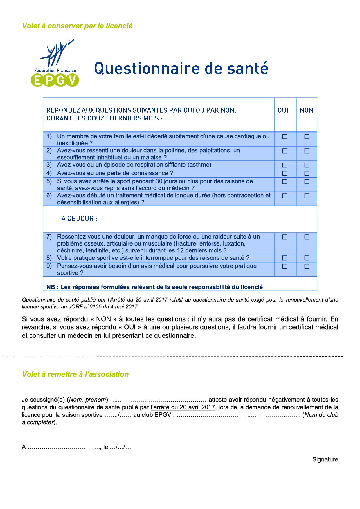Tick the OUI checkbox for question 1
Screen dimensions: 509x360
[x=285, y=137]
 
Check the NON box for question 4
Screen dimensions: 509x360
[x=307, y=173]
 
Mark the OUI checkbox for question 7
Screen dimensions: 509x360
[x=285, y=237]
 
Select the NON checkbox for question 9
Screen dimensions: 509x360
[x=307, y=266]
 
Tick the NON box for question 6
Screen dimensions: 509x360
[x=307, y=196]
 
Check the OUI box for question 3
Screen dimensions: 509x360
[x=285, y=165]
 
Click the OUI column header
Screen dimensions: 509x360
[x=283, y=110]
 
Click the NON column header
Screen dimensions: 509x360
[x=307, y=110]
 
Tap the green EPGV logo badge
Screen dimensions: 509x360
[x=55, y=80]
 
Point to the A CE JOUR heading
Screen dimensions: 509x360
[x=79, y=219]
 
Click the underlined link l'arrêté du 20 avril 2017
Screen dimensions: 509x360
[x=183, y=407]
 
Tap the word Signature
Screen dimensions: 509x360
[x=325, y=459]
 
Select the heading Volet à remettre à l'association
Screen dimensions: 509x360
[x=75, y=374]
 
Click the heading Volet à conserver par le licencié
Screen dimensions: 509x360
[x=77, y=26]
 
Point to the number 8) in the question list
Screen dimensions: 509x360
[x=49, y=258]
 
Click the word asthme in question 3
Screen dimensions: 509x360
[x=199, y=165]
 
